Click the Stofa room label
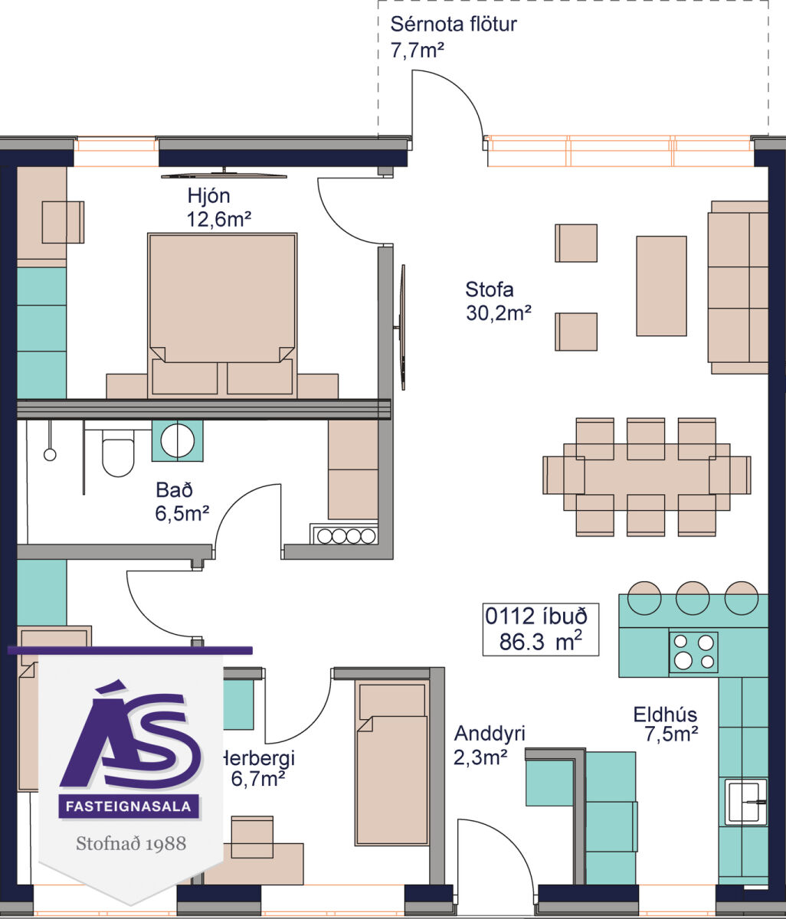490,289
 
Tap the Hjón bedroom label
208,195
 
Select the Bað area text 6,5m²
182,514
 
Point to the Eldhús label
665,715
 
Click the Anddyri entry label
490,734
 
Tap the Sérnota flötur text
454,25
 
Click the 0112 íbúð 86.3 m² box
540,629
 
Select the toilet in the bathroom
118,453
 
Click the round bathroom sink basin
178,441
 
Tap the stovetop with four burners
693,652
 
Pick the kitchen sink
745,802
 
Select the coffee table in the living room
661,286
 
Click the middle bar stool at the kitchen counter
692,598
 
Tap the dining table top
647,476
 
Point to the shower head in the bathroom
50,454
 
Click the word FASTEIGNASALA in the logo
129,806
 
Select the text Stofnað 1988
131,843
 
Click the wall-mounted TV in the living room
401,328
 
